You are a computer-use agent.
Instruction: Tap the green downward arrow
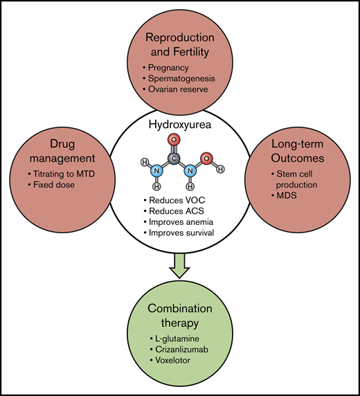coord(180,264)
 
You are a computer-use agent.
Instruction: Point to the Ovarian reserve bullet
coord(179,89)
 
